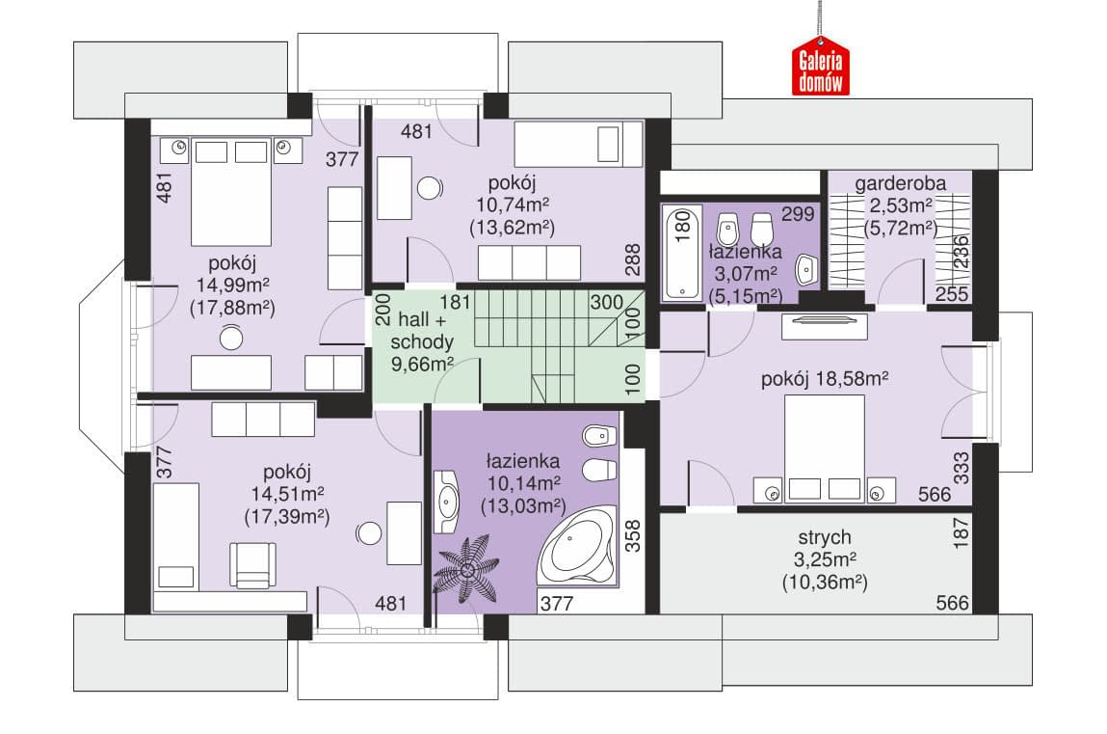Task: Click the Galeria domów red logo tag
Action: tap(820, 70)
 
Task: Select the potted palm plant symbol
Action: tap(466, 569)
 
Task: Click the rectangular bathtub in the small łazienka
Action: tap(682, 252)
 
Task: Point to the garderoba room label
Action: tap(900, 183)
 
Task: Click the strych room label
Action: tap(824, 537)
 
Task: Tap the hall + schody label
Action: tap(422, 331)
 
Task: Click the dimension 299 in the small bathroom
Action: tap(798, 213)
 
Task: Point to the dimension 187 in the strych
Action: tap(962, 532)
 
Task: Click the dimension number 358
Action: tap(632, 535)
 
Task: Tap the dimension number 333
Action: tap(962, 468)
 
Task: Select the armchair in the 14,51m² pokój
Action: tap(252, 564)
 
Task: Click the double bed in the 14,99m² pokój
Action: tap(231, 191)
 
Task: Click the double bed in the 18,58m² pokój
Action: tap(825, 449)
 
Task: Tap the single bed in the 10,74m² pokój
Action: tap(578, 144)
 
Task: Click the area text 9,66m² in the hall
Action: tap(422, 365)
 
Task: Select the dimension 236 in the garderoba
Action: tap(962, 252)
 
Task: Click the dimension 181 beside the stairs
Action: tap(455, 302)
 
